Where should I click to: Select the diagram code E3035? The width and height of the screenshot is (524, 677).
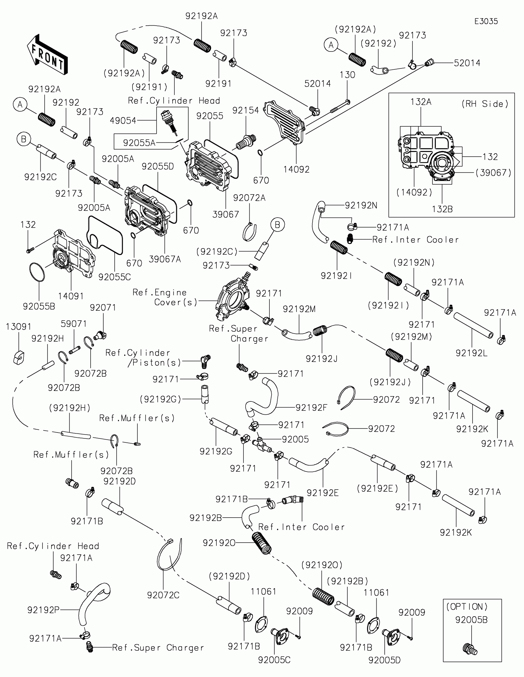[486, 21]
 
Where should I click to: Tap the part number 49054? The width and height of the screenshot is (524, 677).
[123, 121]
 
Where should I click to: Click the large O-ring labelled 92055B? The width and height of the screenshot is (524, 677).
[37, 272]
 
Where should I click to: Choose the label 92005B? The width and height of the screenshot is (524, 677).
[471, 620]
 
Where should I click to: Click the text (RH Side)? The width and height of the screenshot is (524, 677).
[485, 104]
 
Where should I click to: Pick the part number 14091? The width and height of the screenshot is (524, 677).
[71, 296]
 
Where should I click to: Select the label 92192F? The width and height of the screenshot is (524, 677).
[311, 407]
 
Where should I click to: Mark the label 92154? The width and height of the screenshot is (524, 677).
[245, 110]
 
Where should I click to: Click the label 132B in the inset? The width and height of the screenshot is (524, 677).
[442, 209]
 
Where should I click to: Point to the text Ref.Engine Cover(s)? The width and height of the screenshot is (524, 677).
[165, 297]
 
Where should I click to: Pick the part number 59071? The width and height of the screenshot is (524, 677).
[73, 324]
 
